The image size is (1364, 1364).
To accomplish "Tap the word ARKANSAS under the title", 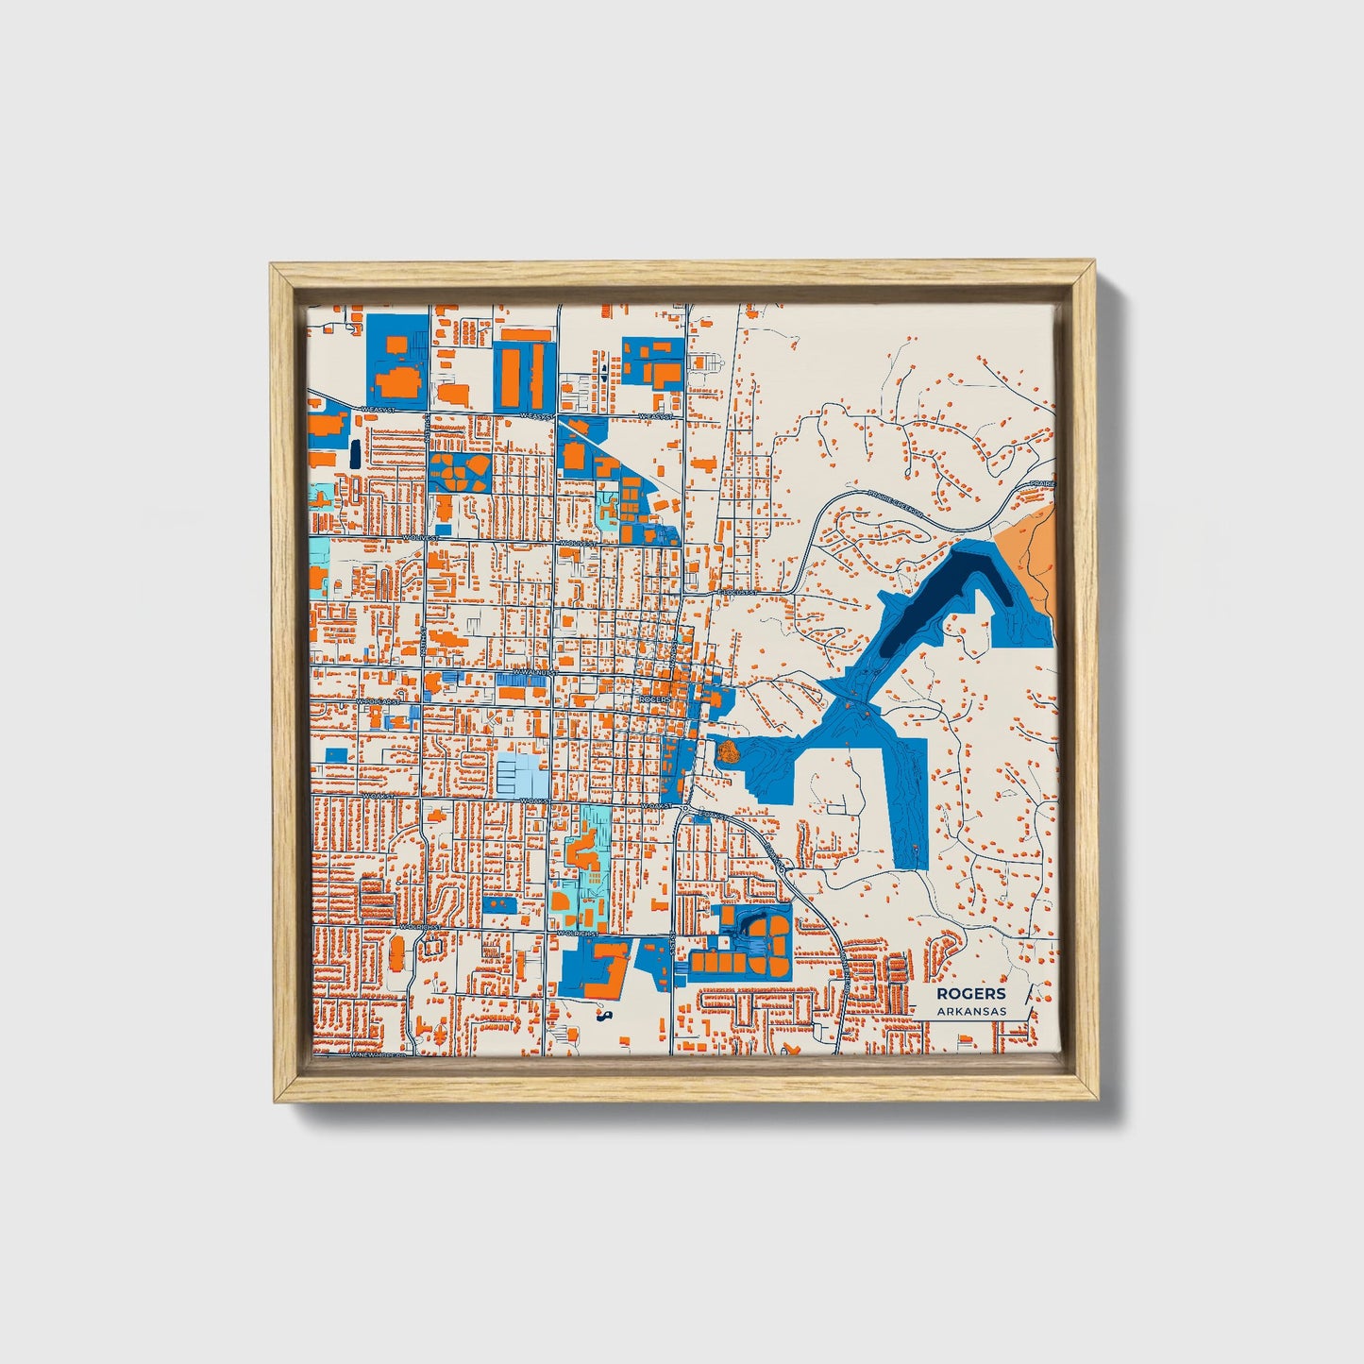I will pos(971,1011).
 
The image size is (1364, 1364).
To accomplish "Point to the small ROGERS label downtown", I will pos(653,699).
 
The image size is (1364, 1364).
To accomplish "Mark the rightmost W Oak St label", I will pos(657,805).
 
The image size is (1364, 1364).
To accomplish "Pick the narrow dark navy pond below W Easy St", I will pos(354,454).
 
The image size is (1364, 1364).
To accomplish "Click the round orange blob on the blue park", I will pos(728,751).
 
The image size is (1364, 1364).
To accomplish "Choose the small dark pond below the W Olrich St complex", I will pos(603,1016).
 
